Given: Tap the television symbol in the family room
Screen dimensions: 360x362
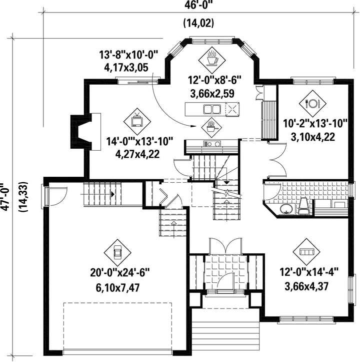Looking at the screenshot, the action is (137, 122).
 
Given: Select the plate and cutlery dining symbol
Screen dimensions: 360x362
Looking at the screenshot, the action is (312, 104).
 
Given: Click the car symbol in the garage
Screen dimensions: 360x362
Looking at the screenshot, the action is (117, 252).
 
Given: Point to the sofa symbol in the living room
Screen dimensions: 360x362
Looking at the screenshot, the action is (306, 252).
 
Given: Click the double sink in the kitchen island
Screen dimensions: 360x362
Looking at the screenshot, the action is (212, 109).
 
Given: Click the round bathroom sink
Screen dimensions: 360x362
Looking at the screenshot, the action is (286, 209).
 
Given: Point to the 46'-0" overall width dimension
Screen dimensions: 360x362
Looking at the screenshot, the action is (198, 5).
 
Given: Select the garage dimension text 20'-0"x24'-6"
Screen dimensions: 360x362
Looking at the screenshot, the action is (120, 272).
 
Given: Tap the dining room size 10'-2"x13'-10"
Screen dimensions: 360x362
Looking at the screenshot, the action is (315, 124).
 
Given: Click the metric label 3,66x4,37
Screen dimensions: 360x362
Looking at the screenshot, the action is (306, 286).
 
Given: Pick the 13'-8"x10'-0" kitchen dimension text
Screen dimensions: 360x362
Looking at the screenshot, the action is (128, 56).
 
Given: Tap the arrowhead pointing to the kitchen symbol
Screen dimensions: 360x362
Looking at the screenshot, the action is (193, 126).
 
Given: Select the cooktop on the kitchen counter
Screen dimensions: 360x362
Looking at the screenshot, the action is (212, 144).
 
